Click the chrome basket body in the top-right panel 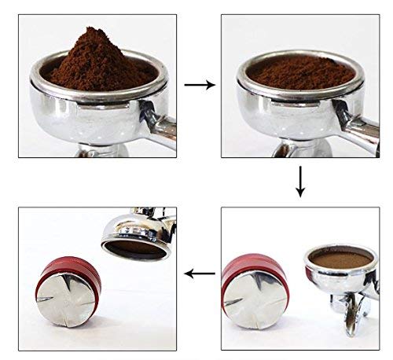click(295, 114)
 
